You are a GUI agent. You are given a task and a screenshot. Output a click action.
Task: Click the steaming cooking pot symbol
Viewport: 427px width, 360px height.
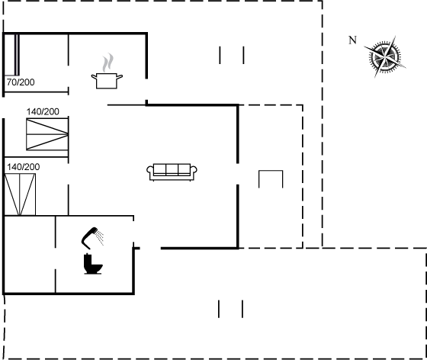click(x=107, y=72)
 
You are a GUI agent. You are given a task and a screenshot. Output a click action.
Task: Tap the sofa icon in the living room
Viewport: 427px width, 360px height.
click(x=172, y=172)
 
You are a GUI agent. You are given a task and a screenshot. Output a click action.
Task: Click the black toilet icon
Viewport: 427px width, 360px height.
click(x=93, y=264)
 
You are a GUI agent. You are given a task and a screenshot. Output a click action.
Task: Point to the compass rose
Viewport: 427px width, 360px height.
click(x=385, y=57)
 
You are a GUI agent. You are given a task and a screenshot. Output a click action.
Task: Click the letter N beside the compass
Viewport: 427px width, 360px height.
click(x=352, y=40)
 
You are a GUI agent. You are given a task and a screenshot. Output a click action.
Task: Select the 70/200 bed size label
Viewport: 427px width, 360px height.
click(x=21, y=82)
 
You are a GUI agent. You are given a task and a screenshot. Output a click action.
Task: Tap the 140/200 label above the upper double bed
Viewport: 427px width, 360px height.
click(x=43, y=111)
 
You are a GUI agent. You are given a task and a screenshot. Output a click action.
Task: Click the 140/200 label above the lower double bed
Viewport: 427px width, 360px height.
click(x=24, y=167)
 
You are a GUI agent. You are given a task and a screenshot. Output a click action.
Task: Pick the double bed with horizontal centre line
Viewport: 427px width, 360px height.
click(x=47, y=134)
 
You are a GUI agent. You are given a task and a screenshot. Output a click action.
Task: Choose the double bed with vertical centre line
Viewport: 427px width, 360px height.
click(x=20, y=194)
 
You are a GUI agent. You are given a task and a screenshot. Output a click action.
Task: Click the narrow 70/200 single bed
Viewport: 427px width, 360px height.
click(x=11, y=55)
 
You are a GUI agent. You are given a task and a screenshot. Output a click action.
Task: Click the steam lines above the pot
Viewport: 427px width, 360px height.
click(x=108, y=63)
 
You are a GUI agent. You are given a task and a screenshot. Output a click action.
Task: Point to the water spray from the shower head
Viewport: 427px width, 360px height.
click(x=100, y=237)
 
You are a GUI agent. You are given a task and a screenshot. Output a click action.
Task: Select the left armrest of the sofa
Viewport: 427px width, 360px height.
click(x=150, y=171)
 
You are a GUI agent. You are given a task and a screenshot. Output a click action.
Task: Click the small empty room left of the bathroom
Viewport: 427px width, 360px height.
click(x=30, y=255)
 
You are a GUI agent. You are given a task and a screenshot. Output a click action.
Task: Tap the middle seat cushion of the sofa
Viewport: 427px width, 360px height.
click(x=172, y=169)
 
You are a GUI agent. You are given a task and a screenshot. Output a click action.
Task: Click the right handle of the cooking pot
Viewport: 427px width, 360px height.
click(x=120, y=77)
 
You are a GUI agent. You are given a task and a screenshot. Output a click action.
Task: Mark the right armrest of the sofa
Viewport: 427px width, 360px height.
click(x=194, y=171)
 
